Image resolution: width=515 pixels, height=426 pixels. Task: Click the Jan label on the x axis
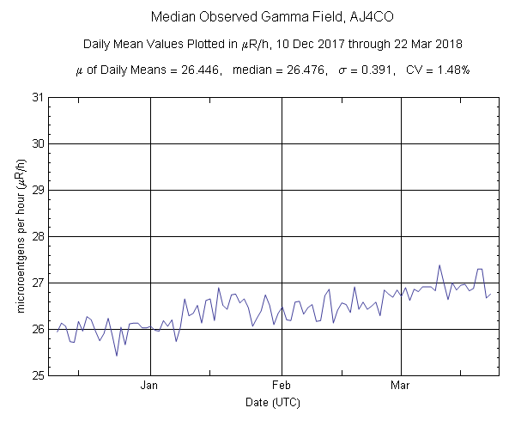(x=151, y=386)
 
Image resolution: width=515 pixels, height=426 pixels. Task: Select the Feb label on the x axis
(x=282, y=386)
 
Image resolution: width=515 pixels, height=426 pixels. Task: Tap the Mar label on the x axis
(x=401, y=386)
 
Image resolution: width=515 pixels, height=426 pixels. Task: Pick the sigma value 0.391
(x=376, y=70)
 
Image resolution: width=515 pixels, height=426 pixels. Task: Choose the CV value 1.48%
(x=451, y=70)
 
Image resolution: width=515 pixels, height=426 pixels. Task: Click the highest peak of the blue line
(x=439, y=265)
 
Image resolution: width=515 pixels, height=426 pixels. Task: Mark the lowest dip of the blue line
(x=117, y=356)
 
